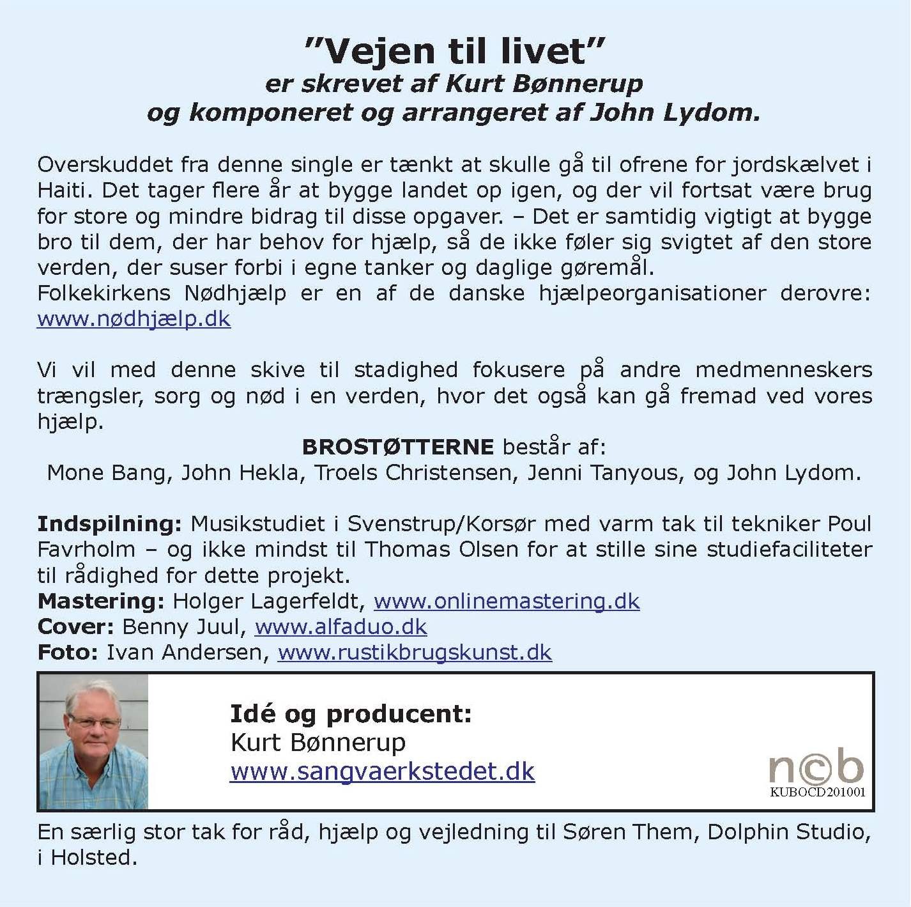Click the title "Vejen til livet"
coord(454,51)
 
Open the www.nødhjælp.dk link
coord(134,319)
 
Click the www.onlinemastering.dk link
coord(507,601)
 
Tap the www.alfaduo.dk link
coord(341,627)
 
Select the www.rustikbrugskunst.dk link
coord(415,653)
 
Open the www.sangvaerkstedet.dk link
coord(382,771)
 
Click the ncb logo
coord(816,766)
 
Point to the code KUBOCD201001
coord(818,793)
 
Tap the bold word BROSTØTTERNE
coord(397,447)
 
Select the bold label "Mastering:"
coord(101,601)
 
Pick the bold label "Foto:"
coord(68,653)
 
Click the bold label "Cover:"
coord(75,627)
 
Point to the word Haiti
coord(64,190)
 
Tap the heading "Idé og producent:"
coord(351,713)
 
